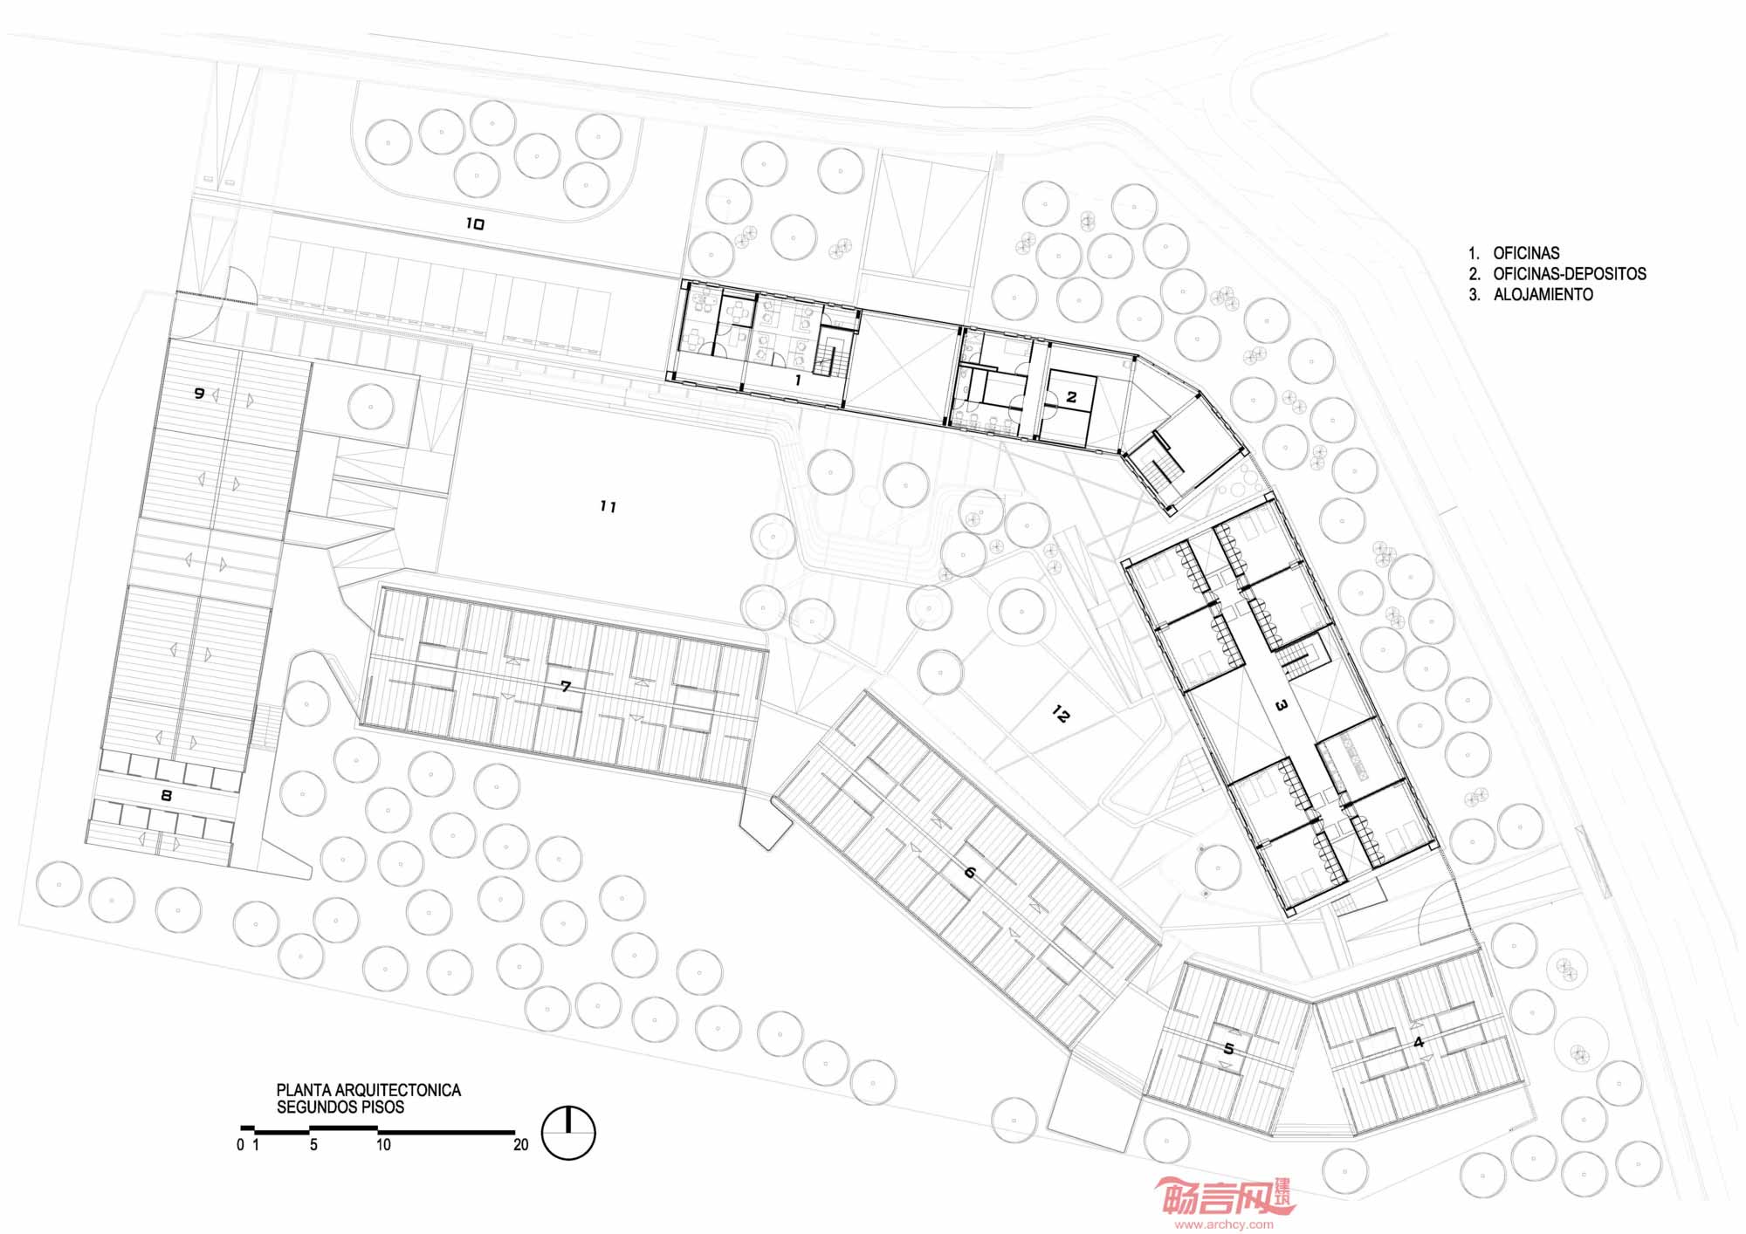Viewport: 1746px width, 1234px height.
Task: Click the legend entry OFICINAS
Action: click(1526, 253)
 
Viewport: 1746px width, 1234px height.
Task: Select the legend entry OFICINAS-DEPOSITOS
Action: click(1570, 273)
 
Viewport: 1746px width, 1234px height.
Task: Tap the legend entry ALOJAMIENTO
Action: click(1543, 294)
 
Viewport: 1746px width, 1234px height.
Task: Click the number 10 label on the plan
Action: click(474, 224)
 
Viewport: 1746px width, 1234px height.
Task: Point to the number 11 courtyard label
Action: click(608, 506)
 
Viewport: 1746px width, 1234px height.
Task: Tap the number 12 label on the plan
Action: click(1061, 715)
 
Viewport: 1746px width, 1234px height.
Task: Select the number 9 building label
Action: click(199, 394)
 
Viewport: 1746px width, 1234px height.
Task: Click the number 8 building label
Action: click(166, 796)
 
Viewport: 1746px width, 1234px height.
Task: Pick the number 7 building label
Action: click(566, 687)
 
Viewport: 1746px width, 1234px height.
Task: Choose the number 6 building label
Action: click(970, 871)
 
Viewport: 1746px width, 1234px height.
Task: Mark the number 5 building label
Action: click(1229, 1048)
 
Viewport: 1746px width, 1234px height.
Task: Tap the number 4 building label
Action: click(1419, 1042)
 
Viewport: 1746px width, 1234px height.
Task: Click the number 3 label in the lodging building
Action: click(1282, 705)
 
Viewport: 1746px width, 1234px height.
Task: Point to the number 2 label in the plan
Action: click(1072, 397)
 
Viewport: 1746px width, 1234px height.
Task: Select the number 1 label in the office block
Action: click(797, 380)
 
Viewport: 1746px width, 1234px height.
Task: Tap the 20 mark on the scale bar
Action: click(521, 1145)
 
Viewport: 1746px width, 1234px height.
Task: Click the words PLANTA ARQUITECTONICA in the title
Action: click(368, 1090)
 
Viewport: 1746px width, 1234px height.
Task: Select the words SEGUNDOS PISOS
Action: click(340, 1107)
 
